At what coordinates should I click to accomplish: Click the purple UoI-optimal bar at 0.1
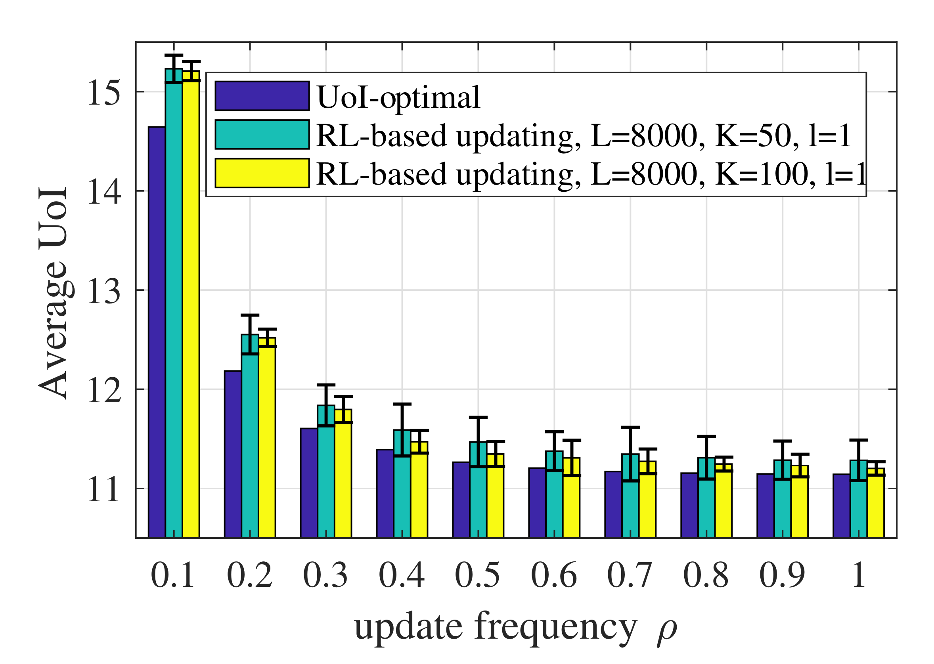coord(157,332)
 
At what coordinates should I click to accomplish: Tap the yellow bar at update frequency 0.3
coord(343,478)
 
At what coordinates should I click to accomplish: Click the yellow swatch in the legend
coord(262,173)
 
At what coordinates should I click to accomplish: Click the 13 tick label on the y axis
coord(104,292)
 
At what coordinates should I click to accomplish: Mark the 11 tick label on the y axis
coord(104,490)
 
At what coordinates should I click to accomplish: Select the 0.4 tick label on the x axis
coord(402,575)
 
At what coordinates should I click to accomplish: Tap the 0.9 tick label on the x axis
coord(782,575)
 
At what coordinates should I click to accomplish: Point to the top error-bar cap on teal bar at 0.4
coord(402,404)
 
